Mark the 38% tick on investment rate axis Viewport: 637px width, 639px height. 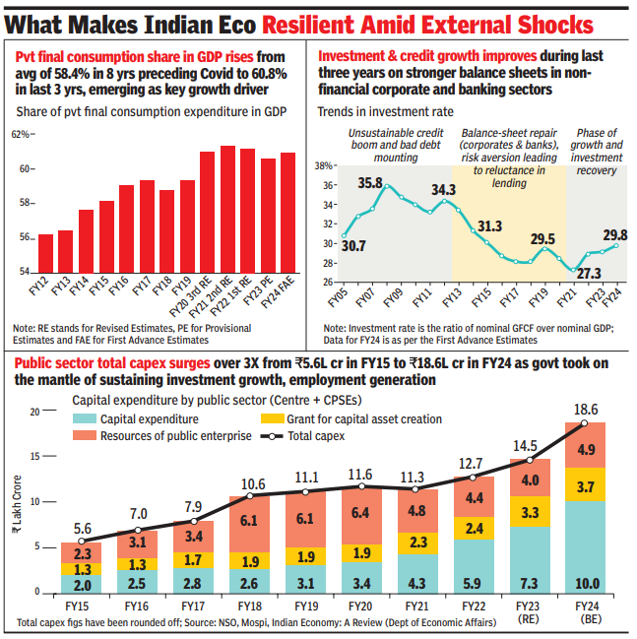coord(323,166)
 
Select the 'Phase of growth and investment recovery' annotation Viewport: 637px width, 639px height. coord(598,152)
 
